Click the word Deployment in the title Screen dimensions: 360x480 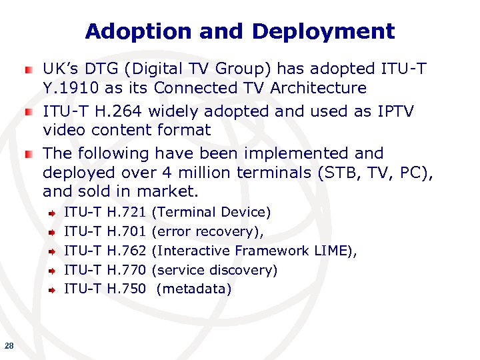[x=323, y=31]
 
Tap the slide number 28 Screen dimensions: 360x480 [x=9, y=345]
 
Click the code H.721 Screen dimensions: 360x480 [x=126, y=212]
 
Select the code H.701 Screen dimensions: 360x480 [x=126, y=231]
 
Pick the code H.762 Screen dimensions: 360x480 [x=126, y=251]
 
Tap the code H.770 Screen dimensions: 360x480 [x=126, y=270]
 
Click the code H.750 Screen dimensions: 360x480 [x=126, y=289]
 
